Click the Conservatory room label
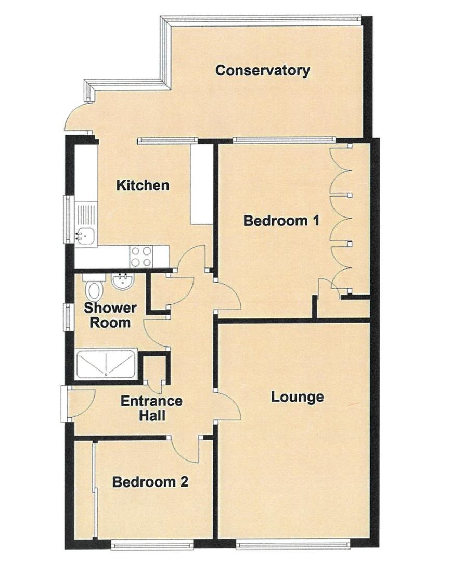pyautogui.click(x=263, y=70)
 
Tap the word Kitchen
pyautogui.click(x=143, y=185)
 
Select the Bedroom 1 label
pyautogui.click(x=281, y=221)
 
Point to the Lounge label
pyautogui.click(x=298, y=397)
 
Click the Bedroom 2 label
pyautogui.click(x=150, y=482)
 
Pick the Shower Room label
pyautogui.click(x=110, y=315)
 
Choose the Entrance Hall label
pyautogui.click(x=151, y=408)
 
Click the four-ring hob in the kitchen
pyautogui.click(x=141, y=256)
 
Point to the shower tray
pyautogui.click(x=106, y=366)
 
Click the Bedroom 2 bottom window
pyautogui.click(x=152, y=544)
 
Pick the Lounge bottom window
pyautogui.click(x=294, y=544)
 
